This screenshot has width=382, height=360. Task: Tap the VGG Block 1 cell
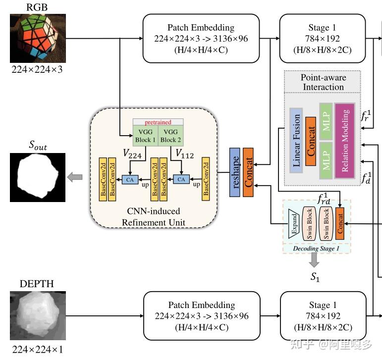(145, 135)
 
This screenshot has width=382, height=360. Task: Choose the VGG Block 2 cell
(171, 135)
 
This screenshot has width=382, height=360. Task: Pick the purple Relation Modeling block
(345, 141)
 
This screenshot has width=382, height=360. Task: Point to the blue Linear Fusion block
(296, 141)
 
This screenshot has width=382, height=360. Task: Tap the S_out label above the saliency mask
(37, 145)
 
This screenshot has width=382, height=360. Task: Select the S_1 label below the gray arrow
(315, 277)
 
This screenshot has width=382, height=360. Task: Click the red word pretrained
(158, 122)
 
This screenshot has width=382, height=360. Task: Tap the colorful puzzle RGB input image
(38, 38)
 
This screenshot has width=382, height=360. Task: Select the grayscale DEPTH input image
(38, 316)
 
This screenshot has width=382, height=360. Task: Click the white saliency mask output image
(38, 177)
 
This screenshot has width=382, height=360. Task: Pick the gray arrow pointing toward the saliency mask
(75, 177)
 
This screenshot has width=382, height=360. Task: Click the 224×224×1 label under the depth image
(38, 349)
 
